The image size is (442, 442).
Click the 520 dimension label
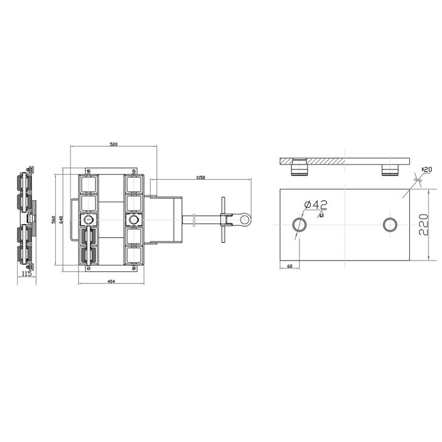pyautogui.click(x=114, y=144)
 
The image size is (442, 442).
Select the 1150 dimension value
pyautogui.click(x=200, y=177)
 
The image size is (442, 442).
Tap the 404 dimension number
pyautogui.click(x=112, y=281)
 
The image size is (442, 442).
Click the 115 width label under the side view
pyautogui.click(x=27, y=274)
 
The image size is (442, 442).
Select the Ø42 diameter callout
pyautogui.click(x=316, y=205)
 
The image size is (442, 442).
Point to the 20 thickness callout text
pyautogui.click(x=426, y=169)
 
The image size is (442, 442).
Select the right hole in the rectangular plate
pyautogui.click(x=390, y=225)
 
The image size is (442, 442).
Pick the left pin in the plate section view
pyautogui.click(x=299, y=169)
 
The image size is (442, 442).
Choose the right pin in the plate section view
pyautogui.click(x=390, y=169)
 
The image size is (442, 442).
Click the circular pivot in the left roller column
pyautogui.click(x=89, y=219)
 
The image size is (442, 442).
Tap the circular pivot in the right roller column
pyautogui.click(x=133, y=219)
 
